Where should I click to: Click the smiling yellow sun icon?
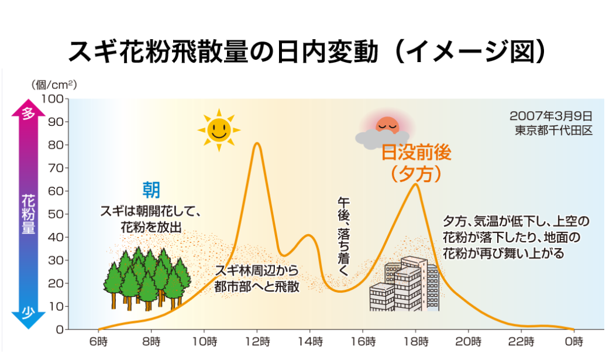click(219, 129)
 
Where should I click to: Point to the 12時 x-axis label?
click(257, 341)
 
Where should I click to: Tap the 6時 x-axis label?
click(99, 341)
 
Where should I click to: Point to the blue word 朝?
click(151, 190)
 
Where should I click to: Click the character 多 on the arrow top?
click(29, 114)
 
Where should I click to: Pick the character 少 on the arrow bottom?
click(29, 312)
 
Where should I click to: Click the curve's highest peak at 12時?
click(257, 143)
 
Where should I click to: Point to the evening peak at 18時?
click(415, 184)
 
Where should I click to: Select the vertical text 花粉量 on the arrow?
click(29, 213)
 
